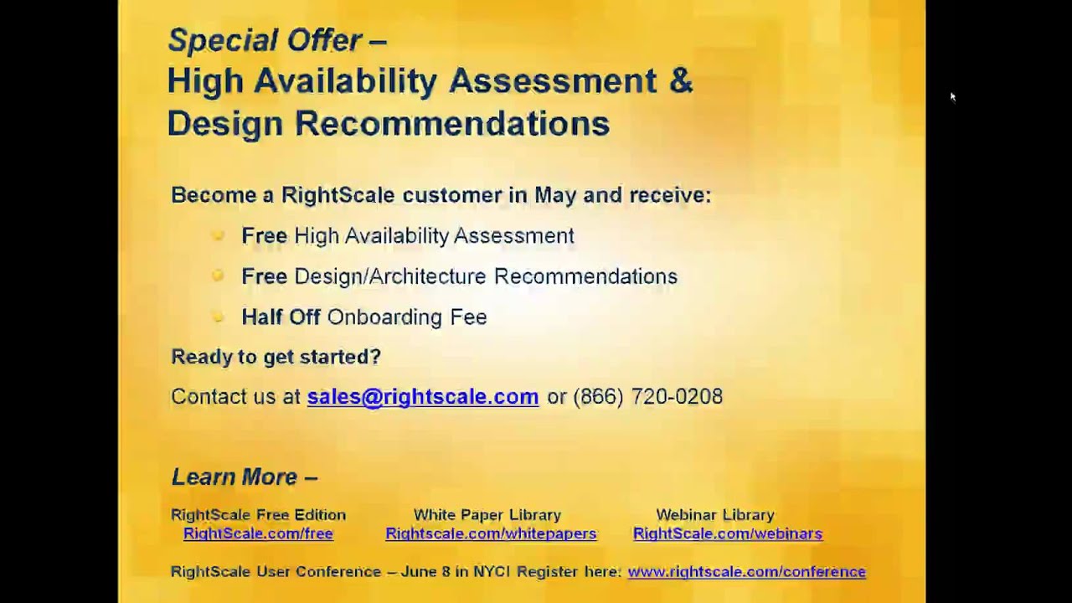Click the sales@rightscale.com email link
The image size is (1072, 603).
[422, 396]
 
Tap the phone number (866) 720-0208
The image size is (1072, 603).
[647, 396]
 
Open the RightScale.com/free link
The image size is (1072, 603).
[258, 533]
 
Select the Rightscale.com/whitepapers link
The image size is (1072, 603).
[491, 533]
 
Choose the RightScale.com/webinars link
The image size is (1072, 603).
[728, 533]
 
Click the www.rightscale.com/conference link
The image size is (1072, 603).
[746, 572]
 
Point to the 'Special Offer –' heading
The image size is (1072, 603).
[276, 40]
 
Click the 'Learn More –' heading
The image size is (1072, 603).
[244, 477]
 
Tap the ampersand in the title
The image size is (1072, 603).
[681, 81]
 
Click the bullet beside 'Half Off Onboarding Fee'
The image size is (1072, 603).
[218, 316]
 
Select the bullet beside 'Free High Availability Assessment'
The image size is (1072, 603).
[218, 235]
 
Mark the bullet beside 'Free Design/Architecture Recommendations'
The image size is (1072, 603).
[218, 276]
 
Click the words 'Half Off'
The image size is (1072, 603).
[281, 317]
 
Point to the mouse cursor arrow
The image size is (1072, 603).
[952, 96]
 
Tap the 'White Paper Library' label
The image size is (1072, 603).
[487, 515]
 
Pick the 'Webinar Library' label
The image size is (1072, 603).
[714, 515]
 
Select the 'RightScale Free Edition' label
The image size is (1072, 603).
[258, 515]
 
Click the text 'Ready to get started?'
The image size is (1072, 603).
[276, 357]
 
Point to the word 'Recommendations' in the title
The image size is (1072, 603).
[451, 124]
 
